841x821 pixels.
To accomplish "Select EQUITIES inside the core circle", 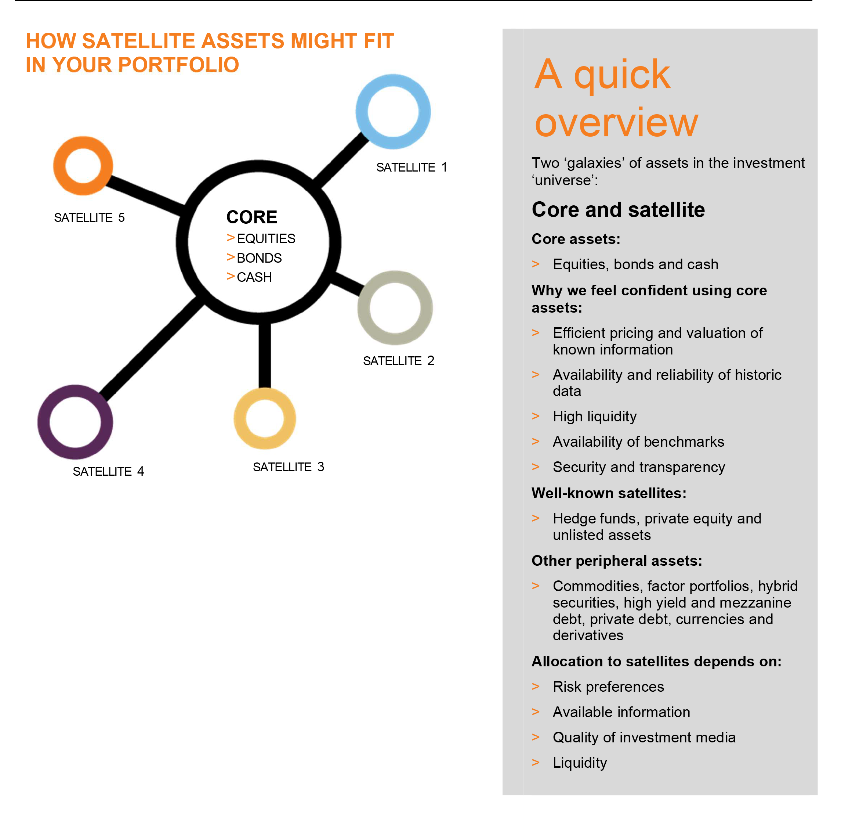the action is [x=266, y=238].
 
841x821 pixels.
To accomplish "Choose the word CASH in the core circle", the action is [x=254, y=277].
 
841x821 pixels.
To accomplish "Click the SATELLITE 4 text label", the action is [x=108, y=471].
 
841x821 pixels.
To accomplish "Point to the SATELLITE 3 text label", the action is [x=288, y=467].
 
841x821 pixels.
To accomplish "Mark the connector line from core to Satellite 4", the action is [x=152, y=347].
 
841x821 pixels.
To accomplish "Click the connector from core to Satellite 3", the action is [x=265, y=355].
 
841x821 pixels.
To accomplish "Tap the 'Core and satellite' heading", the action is [x=618, y=209].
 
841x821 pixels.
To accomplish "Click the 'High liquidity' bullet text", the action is [x=595, y=416].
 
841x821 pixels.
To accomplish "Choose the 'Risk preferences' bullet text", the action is [x=608, y=687].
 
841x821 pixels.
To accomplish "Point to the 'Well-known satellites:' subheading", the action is [x=609, y=493].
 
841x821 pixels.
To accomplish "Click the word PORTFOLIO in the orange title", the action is [x=178, y=65].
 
